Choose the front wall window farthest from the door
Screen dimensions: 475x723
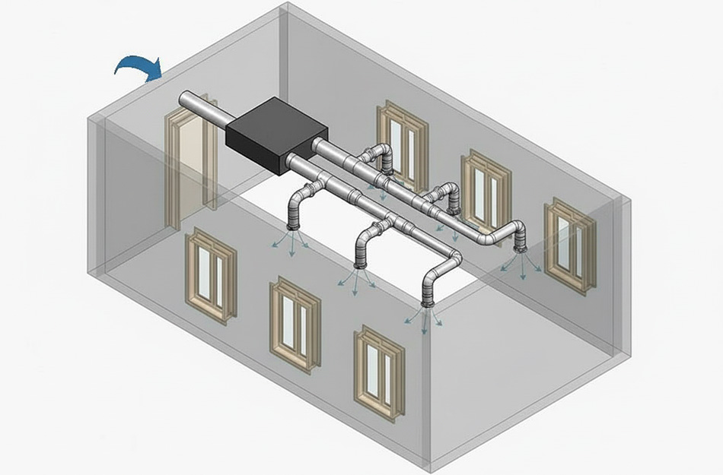point(379,372)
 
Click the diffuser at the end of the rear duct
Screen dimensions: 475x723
point(521,248)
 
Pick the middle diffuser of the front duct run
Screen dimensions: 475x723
point(361,265)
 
